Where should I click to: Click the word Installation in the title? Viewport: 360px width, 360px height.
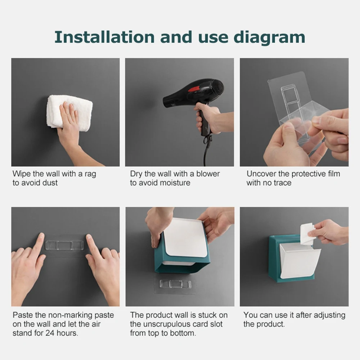(104, 37)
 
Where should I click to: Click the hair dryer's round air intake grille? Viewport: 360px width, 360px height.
(217, 88)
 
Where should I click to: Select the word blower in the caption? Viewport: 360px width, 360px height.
(208, 174)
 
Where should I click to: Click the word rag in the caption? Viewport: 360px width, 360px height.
(90, 174)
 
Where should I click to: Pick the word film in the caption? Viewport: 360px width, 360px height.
(334, 174)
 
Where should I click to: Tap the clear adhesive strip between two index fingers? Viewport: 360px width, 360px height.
(64, 245)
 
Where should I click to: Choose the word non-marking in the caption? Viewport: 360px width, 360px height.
(70, 315)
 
